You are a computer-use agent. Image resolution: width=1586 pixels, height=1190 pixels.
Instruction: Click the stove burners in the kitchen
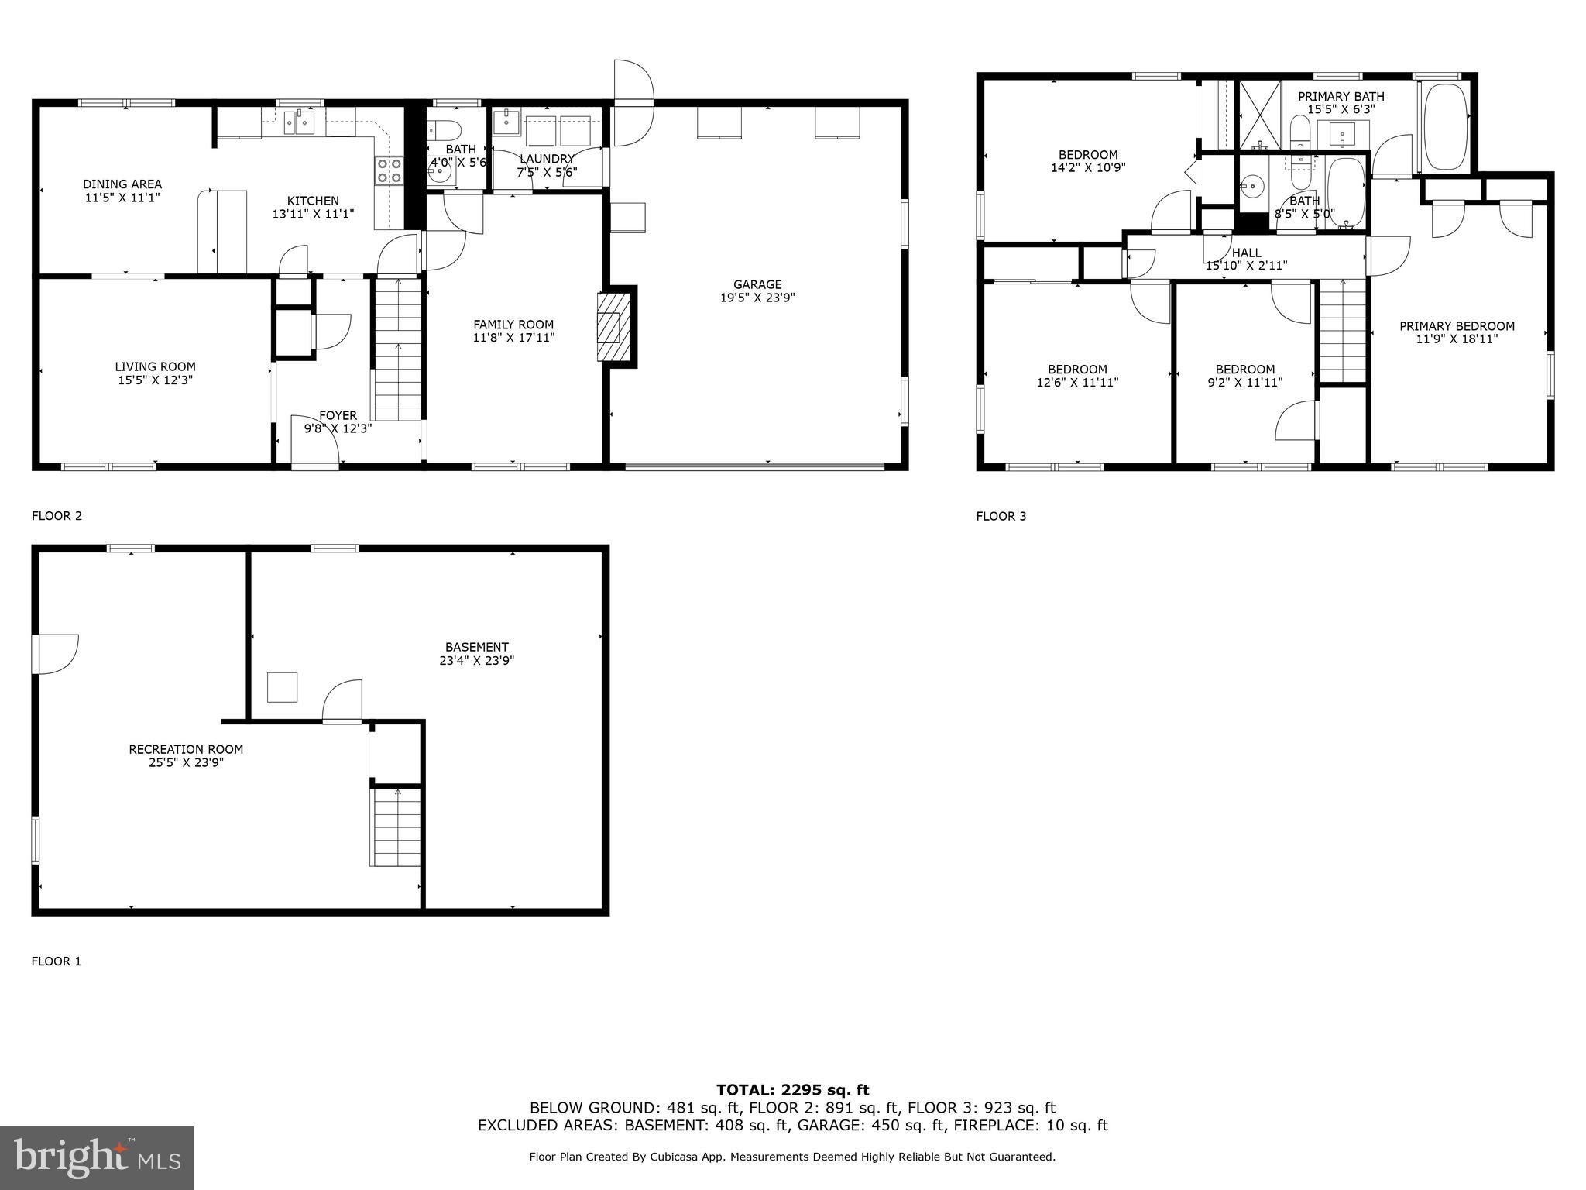[x=390, y=170]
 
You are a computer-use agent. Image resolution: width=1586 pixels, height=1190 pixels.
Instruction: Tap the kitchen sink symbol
[x=298, y=122]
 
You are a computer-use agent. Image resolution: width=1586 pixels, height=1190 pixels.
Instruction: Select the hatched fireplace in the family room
[x=609, y=326]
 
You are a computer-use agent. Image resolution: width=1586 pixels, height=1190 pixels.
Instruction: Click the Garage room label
[x=757, y=284]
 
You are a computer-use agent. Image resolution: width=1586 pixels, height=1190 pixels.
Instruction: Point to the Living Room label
[x=155, y=366]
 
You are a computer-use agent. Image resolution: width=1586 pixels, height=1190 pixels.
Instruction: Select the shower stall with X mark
[x=1260, y=115]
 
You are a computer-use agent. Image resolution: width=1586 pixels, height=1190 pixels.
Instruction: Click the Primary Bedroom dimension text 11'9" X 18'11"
[x=1457, y=339]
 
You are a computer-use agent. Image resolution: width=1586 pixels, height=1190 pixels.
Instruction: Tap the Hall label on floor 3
[x=1246, y=253]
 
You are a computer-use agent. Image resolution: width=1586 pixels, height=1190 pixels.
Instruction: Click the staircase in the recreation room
[x=396, y=827]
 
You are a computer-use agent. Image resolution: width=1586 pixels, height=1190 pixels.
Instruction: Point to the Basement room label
[x=476, y=647]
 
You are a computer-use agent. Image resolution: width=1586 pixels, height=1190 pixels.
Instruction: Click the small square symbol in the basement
[x=282, y=687]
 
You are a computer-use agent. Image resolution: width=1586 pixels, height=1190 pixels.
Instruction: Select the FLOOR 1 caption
[x=56, y=961]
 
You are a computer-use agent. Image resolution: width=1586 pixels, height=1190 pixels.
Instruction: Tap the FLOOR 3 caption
[x=1001, y=516]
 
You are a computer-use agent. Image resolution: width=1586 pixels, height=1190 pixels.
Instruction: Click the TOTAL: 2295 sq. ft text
[x=792, y=1090]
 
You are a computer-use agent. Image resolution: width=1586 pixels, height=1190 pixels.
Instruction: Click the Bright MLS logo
[x=96, y=1157]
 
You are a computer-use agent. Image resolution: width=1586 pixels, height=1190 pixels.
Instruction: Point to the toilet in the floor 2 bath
[x=446, y=128]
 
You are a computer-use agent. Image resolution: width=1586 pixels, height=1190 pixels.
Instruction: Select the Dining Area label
[x=122, y=184]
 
